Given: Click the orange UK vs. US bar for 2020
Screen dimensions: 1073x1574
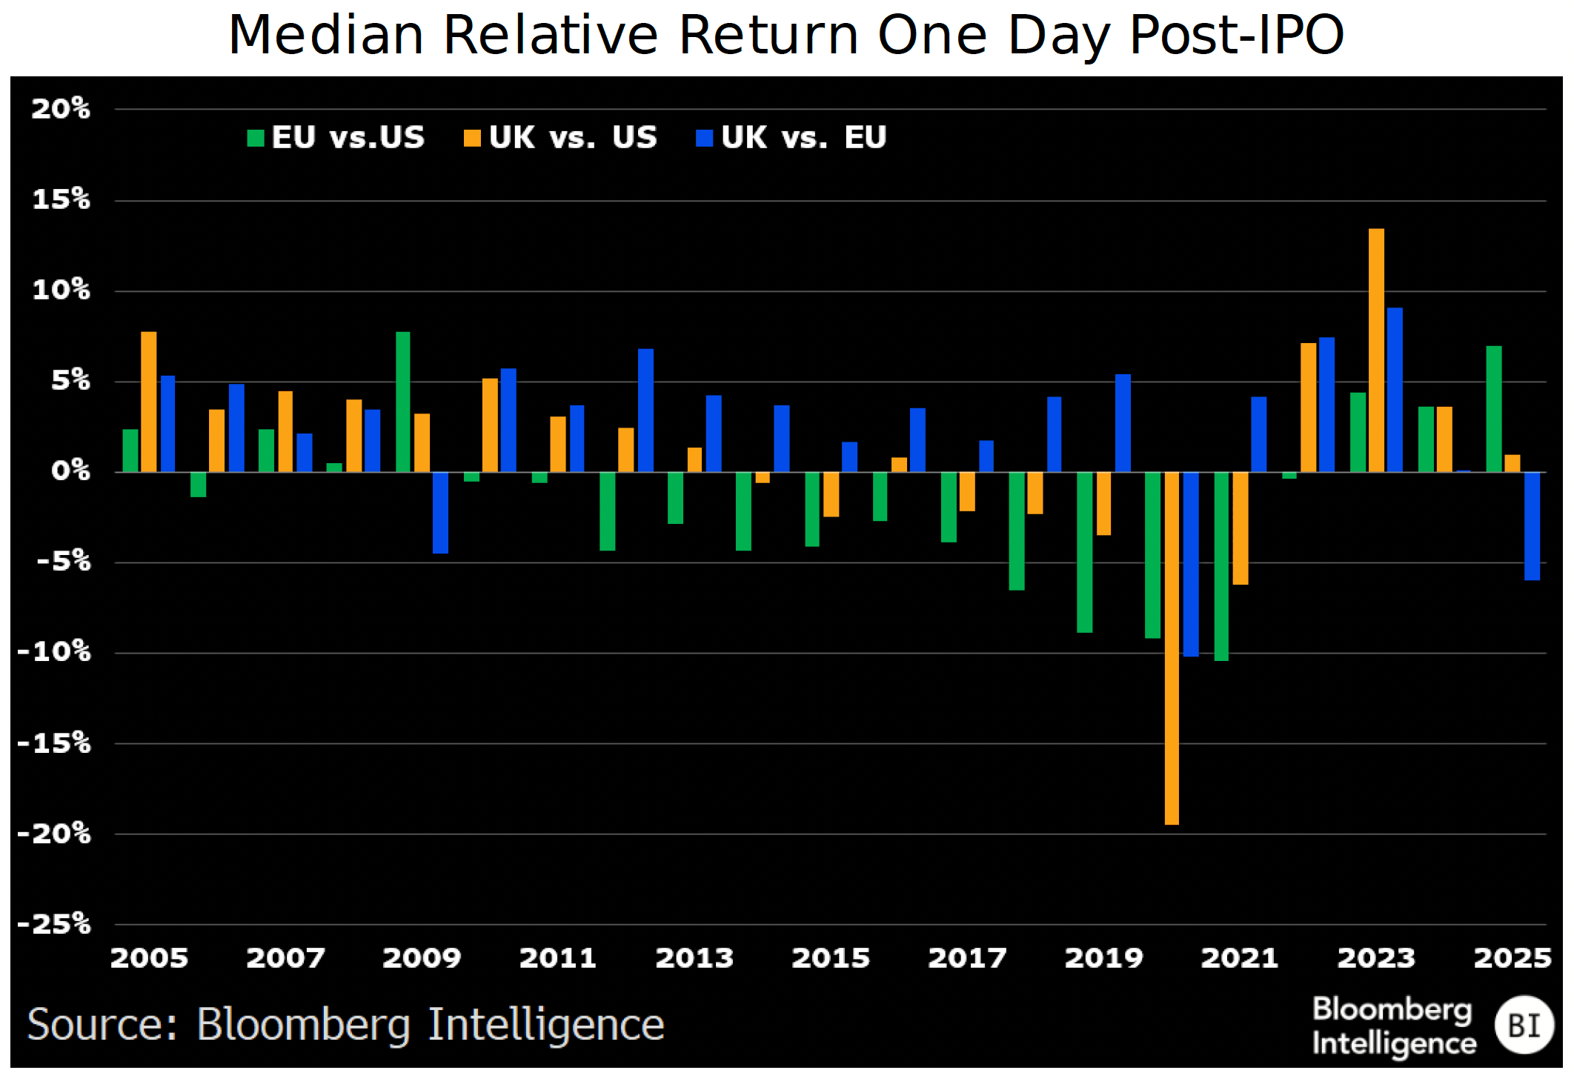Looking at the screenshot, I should click(1172, 648).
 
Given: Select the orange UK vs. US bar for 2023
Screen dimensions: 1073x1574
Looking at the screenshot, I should click(1376, 351).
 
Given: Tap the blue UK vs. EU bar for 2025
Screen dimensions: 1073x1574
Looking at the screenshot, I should click(1532, 526).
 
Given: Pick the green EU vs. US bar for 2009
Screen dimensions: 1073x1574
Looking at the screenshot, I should click(403, 402).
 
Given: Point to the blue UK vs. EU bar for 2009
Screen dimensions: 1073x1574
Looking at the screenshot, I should click(440, 513).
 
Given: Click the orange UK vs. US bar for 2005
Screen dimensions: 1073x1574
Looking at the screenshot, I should click(149, 402).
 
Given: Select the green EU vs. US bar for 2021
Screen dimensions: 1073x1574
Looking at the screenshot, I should click(1221, 566).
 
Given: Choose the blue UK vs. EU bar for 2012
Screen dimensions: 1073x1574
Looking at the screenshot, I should click(645, 411).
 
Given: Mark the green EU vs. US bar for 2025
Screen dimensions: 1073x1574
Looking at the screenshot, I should click(1494, 409).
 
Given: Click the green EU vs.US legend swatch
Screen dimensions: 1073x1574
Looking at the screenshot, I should click(256, 139).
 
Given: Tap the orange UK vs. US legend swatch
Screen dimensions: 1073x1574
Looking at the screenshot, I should click(472, 139).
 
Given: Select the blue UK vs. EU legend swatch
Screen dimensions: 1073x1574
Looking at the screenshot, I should click(704, 139).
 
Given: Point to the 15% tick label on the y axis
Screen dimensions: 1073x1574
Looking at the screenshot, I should click(61, 199).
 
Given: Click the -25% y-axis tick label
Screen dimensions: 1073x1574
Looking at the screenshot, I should click(55, 924).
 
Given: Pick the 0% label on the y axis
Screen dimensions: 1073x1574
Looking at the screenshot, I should click(70, 471).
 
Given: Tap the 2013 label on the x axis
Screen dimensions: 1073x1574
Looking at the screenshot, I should click(694, 958).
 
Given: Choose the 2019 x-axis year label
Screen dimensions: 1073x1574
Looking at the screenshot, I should click(1103, 958).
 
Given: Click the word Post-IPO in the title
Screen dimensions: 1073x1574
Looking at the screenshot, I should click(1236, 35).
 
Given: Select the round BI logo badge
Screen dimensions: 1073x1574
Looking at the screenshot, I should click(1524, 1026).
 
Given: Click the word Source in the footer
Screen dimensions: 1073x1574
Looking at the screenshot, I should click(102, 1026).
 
